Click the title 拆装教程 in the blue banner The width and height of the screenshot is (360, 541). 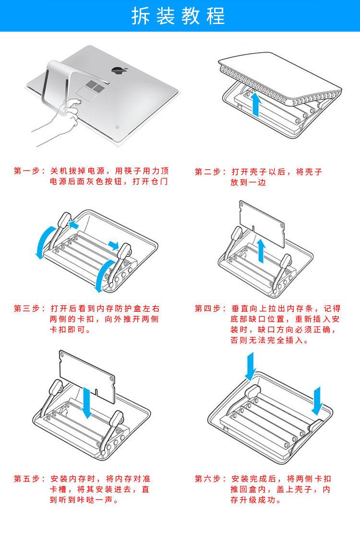coord(179,16)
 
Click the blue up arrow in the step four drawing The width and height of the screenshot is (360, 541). coord(261,251)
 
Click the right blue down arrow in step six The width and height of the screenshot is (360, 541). coord(318,401)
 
